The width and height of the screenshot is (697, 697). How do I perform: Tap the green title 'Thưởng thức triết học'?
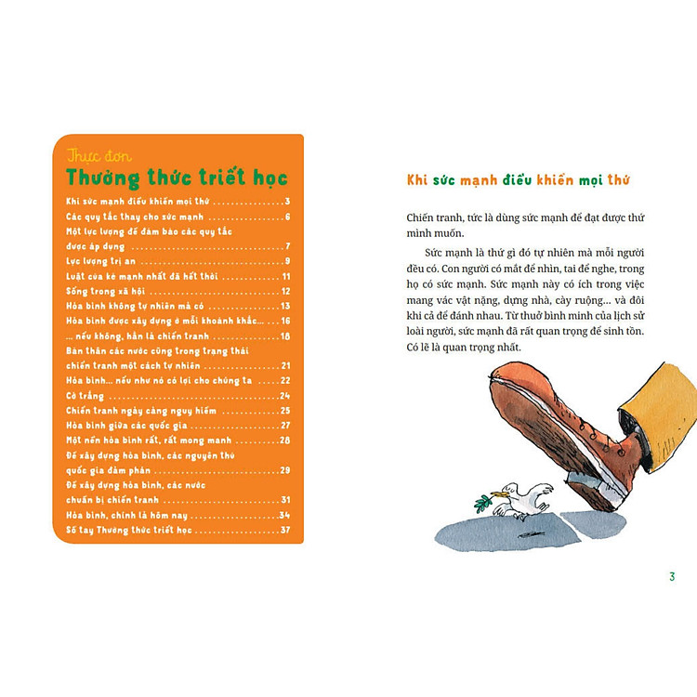point(177,178)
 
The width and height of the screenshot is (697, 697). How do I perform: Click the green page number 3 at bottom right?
point(672,577)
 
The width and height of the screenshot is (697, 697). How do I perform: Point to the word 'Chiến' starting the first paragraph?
point(424,217)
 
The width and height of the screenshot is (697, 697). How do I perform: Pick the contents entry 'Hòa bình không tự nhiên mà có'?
point(136,306)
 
